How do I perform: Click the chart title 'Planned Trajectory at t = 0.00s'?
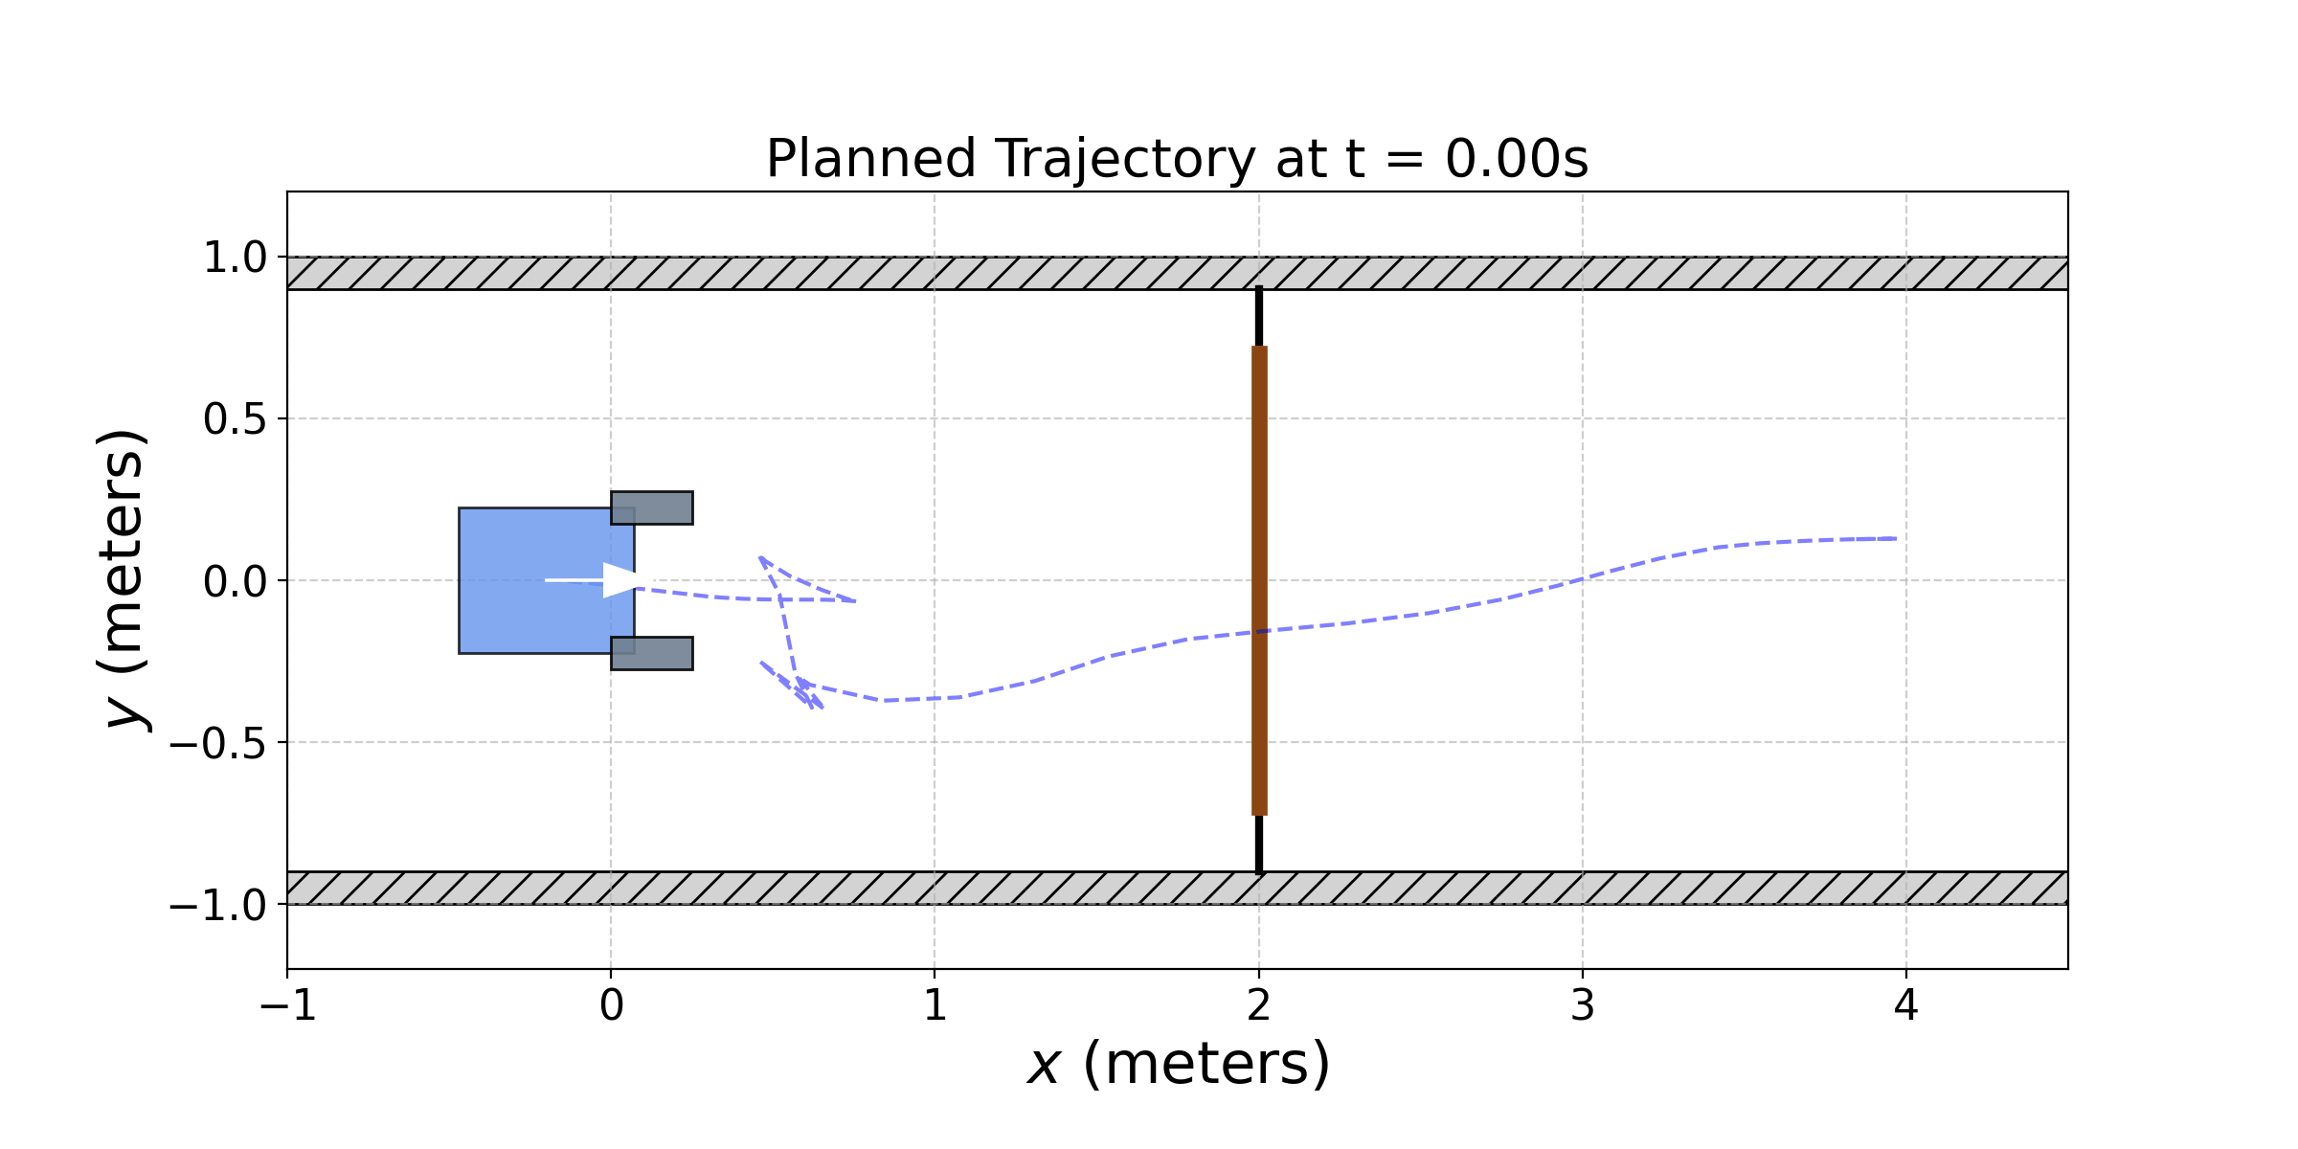(x=1177, y=159)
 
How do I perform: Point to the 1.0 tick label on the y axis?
(x=235, y=258)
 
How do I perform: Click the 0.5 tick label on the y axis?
(x=235, y=419)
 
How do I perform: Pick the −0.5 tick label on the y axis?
(x=217, y=743)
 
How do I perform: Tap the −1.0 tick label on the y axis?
(x=217, y=905)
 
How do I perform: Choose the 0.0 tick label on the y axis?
(x=235, y=581)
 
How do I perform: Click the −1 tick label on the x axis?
(x=288, y=1006)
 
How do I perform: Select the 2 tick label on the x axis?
(x=1259, y=1006)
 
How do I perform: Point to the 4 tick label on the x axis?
(x=1906, y=1006)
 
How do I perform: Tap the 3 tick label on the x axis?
(x=1583, y=1006)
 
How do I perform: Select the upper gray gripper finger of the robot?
(x=652, y=507)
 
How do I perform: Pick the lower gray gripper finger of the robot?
(x=652, y=653)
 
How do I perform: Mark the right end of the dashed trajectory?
(x=1895, y=539)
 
